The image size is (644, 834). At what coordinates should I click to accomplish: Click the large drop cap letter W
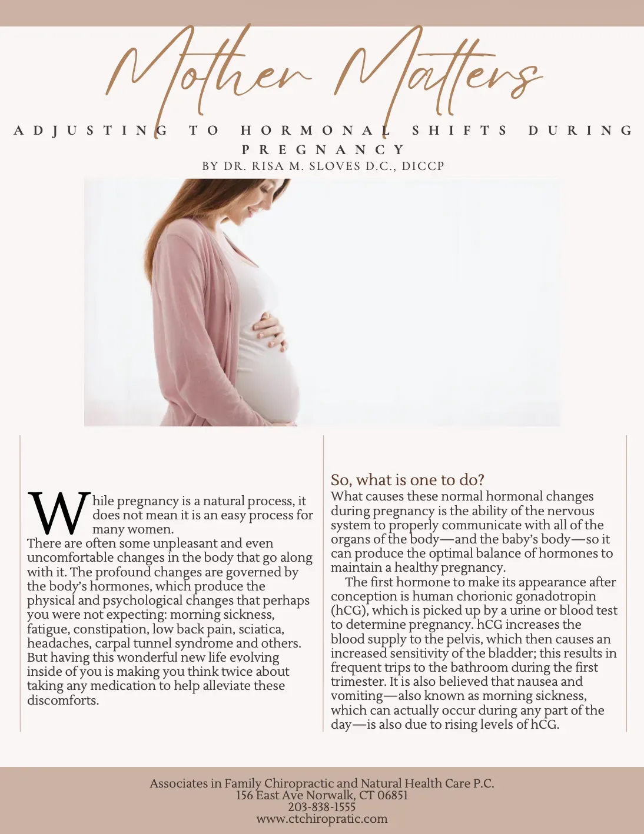tap(59, 513)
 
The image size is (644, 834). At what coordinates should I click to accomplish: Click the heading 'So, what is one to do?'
tap(407, 480)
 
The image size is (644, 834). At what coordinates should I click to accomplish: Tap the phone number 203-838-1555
tap(322, 807)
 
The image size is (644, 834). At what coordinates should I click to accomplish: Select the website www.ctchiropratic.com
tap(322, 819)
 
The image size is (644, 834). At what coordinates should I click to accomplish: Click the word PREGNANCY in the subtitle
tap(323, 150)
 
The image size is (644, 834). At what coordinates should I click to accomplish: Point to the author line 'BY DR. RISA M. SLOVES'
tap(323, 166)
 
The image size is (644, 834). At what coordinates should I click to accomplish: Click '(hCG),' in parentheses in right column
tap(349, 611)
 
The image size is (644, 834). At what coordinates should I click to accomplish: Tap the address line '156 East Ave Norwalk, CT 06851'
tap(322, 795)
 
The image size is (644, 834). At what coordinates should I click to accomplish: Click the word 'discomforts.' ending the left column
tap(63, 700)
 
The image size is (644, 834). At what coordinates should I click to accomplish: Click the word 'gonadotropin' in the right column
tap(556, 596)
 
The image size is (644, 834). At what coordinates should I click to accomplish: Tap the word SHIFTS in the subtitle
tap(459, 131)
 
